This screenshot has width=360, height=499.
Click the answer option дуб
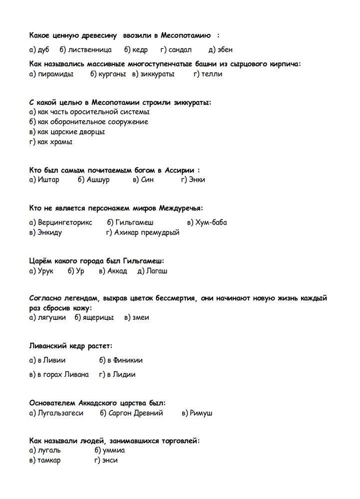[x=44, y=50]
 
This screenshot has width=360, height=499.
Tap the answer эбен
[x=224, y=50]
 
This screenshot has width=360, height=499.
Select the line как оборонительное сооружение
[x=92, y=121]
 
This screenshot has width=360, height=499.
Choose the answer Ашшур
[x=98, y=180]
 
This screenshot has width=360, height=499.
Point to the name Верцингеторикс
[x=65, y=223]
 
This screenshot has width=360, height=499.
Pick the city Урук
[x=45, y=271]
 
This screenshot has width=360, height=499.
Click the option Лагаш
[x=157, y=271]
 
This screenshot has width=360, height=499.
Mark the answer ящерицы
[x=98, y=317]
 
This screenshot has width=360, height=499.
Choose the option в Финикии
[x=125, y=360]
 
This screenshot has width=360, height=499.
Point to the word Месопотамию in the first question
[x=185, y=35]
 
